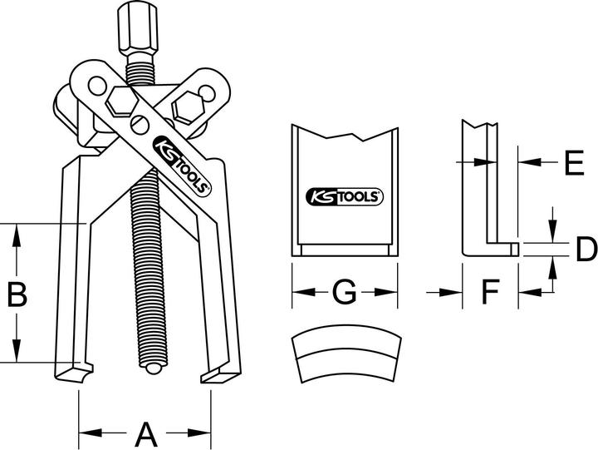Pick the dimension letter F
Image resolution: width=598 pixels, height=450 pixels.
click(491, 292)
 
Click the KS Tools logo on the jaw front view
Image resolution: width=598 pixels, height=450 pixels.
click(343, 197)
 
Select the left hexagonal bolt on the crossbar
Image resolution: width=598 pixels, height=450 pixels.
click(120, 104)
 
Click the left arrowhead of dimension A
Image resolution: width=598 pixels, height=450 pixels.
click(86, 433)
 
